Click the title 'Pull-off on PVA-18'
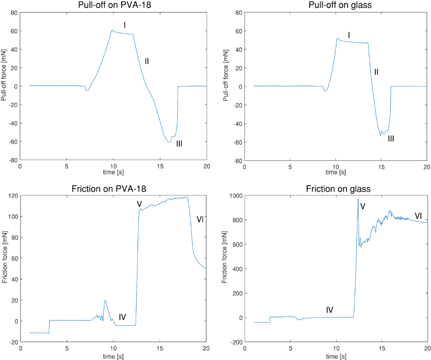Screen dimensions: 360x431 (x=113, y=5)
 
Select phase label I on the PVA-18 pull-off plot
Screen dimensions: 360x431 (x=125, y=25)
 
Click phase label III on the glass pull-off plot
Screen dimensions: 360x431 (x=391, y=138)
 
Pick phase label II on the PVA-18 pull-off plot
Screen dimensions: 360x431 (x=147, y=61)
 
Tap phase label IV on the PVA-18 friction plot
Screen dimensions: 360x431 (x=122, y=317)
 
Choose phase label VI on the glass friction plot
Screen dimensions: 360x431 (x=418, y=216)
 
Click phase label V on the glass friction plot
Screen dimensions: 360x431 (x=363, y=206)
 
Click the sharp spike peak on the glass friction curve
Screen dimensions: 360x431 (x=358, y=199)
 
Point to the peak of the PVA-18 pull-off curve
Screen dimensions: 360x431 (x=112, y=30)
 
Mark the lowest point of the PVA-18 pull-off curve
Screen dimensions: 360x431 (x=169, y=142)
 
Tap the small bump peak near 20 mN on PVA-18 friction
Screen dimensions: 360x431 (x=105, y=300)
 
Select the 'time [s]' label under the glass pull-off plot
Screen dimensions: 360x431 (x=336, y=172)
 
